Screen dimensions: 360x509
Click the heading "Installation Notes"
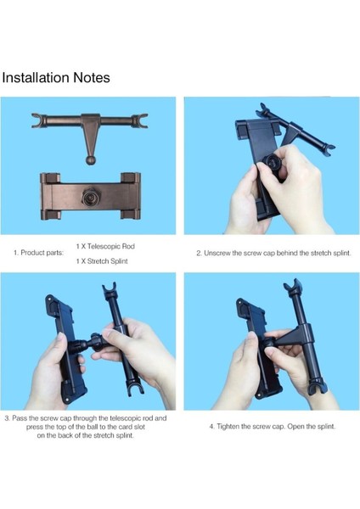(x=56, y=78)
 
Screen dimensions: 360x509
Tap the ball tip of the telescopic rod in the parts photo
(x=91, y=160)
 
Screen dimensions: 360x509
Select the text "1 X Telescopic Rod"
(x=105, y=246)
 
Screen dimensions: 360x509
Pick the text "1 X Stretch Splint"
(x=102, y=261)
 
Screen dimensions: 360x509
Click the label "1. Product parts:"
(x=39, y=253)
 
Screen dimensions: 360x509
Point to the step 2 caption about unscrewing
(x=273, y=253)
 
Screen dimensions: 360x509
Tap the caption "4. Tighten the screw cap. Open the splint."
(x=273, y=426)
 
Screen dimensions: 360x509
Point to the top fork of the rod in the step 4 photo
(x=293, y=286)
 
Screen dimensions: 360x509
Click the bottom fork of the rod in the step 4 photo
(x=317, y=389)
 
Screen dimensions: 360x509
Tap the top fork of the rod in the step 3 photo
(x=110, y=290)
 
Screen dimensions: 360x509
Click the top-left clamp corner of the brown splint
(x=50, y=178)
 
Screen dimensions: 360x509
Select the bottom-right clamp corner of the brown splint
(x=130, y=215)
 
